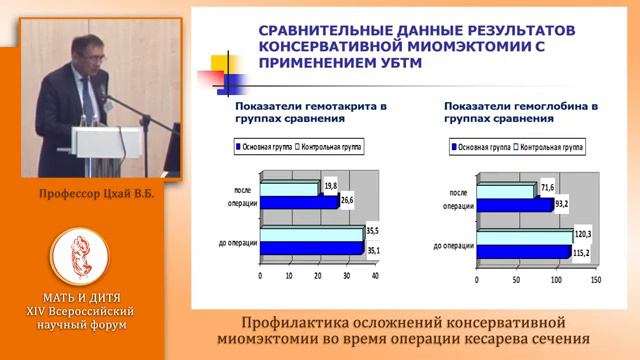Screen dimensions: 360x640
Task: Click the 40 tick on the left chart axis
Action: pyautogui.click(x=376, y=275)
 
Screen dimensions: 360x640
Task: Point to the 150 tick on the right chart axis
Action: pyautogui.click(x=595, y=281)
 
